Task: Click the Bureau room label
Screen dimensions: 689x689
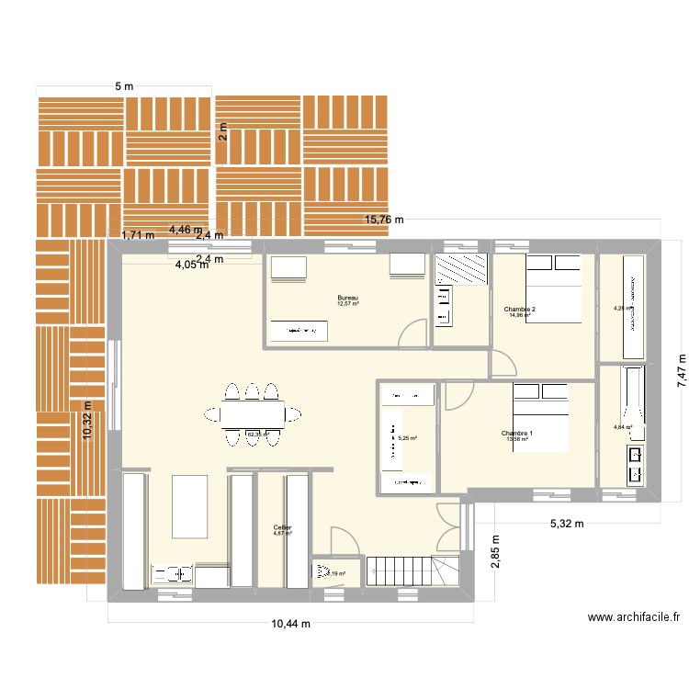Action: (347, 298)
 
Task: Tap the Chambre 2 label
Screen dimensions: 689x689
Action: (520, 310)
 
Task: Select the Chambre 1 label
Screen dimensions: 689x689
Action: (517, 433)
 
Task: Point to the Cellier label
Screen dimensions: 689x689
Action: (282, 527)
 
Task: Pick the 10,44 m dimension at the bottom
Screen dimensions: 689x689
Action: (291, 625)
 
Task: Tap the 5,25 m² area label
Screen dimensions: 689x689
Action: (407, 439)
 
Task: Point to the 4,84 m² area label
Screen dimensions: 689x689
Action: (623, 427)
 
